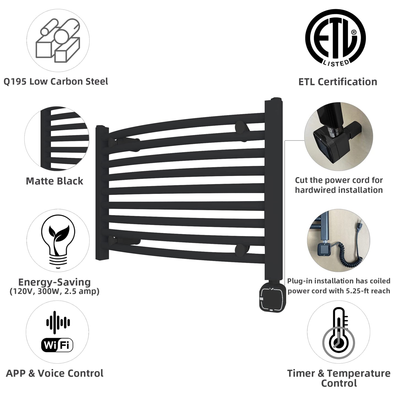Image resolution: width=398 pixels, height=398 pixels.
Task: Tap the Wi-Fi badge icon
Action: point(57,345)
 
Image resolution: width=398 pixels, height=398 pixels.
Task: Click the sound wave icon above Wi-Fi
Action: point(58,322)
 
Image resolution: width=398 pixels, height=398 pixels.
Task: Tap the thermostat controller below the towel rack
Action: point(272,299)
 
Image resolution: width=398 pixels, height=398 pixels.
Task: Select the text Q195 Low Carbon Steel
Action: point(56,82)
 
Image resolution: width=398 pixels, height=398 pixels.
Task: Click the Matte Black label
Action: point(55,181)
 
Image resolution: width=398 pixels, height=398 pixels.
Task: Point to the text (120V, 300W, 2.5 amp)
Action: point(55,291)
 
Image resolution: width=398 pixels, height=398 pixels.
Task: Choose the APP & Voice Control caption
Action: point(55,373)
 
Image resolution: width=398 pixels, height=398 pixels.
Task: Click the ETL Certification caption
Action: point(338,82)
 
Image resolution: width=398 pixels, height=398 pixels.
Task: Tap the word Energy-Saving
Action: point(55,282)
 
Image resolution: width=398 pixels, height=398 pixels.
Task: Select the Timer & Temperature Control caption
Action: point(339,378)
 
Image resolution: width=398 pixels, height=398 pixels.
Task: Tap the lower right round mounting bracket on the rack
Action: point(241,250)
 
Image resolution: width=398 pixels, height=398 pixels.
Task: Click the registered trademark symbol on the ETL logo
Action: point(354,32)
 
